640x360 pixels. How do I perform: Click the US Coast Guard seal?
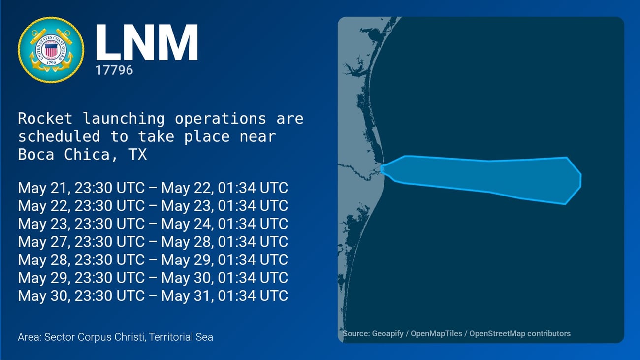pyautogui.click(x=51, y=50)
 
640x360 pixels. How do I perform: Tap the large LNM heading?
pyautogui.click(x=147, y=42)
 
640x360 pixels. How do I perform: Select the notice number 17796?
pyautogui.click(x=114, y=70)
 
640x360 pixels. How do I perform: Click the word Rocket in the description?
pyautogui.click(x=45, y=118)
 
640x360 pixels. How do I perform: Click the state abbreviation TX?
pyautogui.click(x=138, y=154)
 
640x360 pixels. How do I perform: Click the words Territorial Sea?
pyautogui.click(x=181, y=337)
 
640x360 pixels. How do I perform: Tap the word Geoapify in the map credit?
pyautogui.click(x=388, y=334)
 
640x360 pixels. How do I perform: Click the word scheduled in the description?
pyautogui.click(x=59, y=136)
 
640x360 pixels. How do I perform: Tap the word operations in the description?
pyautogui.click(x=220, y=119)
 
